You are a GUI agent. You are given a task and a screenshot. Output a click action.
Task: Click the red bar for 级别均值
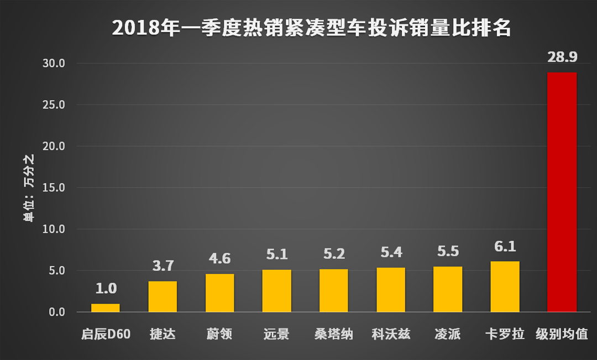tap(562, 192)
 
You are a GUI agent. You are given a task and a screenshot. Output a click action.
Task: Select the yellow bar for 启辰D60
tap(105, 308)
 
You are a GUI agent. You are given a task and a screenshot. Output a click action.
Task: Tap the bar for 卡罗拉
tap(505, 286)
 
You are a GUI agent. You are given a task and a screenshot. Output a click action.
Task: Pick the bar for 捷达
tap(163, 296)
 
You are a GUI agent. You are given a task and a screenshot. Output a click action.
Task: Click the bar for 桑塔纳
tap(333, 290)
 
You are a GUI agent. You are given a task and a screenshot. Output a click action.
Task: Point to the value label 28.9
tap(562, 57)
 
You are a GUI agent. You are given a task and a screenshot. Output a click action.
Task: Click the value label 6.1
tap(505, 246)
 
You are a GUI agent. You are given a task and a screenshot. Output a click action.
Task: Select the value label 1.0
tap(105, 288)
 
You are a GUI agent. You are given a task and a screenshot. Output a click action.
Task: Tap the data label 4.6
tap(219, 259)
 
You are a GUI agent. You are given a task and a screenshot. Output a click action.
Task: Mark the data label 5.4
tap(391, 252)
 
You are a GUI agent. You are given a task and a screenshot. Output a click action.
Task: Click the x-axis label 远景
tap(276, 335)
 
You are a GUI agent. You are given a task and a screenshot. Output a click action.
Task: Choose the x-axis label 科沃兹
tap(391, 335)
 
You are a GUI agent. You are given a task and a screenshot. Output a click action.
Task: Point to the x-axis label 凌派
tap(448, 335)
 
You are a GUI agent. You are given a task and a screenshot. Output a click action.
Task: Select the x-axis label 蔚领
tap(219, 335)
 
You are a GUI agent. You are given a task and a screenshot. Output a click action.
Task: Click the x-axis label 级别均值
tap(562, 335)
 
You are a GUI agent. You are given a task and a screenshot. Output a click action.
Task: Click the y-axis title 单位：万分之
tap(29, 188)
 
